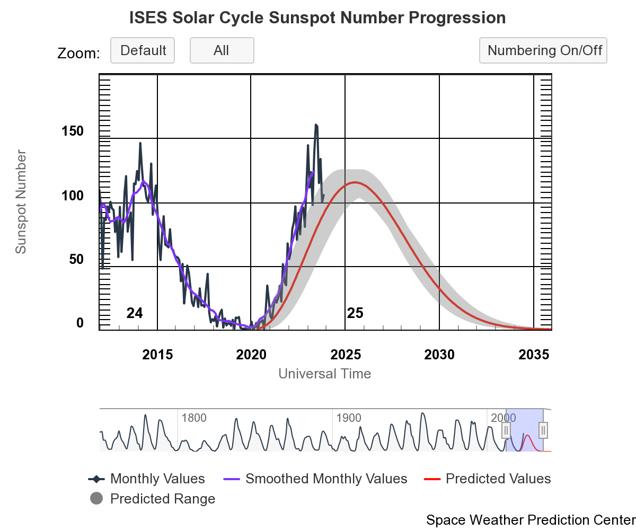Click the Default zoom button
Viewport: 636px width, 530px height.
click(x=143, y=50)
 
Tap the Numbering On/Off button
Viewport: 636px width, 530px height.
click(x=543, y=50)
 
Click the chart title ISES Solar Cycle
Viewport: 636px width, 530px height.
click(x=317, y=18)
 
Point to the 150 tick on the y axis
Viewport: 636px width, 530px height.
click(x=72, y=131)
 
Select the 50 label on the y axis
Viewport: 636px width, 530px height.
click(x=76, y=260)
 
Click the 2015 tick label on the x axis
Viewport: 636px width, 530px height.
click(x=157, y=355)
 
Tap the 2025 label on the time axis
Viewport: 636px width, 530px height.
click(x=345, y=355)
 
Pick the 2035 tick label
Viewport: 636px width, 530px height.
click(x=533, y=355)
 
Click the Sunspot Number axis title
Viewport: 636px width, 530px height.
click(x=21, y=202)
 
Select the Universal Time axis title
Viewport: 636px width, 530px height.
click(x=324, y=374)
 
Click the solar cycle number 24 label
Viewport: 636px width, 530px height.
click(x=135, y=313)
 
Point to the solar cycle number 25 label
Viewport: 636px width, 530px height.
click(x=355, y=313)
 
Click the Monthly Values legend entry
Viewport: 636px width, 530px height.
click(x=147, y=479)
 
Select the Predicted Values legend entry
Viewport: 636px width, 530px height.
click(x=488, y=479)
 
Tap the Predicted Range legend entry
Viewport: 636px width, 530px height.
click(x=153, y=499)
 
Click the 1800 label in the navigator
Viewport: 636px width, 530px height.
click(x=194, y=418)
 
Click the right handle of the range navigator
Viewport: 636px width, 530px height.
click(x=543, y=430)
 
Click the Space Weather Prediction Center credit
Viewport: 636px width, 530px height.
click(x=530, y=520)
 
